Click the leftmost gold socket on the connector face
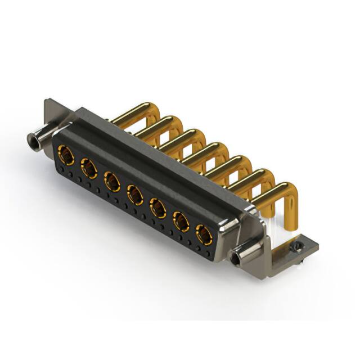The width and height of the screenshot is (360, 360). tap(65, 154)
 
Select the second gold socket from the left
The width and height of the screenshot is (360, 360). tap(88, 168)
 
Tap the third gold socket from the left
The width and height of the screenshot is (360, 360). tap(111, 181)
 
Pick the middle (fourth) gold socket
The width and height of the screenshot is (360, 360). tap(134, 195)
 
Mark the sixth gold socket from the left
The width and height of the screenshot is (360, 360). tap(181, 222)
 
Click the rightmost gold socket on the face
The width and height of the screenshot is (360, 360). tap(204, 234)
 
